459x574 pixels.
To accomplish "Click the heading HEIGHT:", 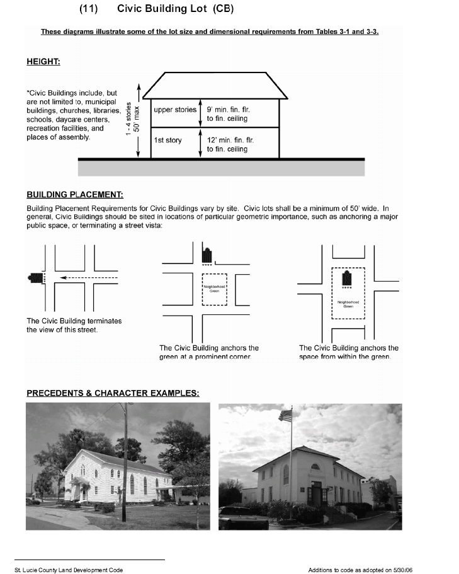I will coord(43,62).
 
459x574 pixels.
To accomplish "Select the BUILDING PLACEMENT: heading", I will coord(74,195).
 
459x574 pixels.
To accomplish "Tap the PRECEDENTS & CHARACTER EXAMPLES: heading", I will coord(113,393).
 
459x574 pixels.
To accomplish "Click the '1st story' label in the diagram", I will coord(167,141).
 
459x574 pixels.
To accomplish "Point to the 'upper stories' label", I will coord(175,110).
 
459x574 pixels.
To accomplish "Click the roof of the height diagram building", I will coord(215,86).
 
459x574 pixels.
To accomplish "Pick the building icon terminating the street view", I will coord(35,277).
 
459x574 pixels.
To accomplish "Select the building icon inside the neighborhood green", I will coord(346,278).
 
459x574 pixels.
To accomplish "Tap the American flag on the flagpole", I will coord(286,415).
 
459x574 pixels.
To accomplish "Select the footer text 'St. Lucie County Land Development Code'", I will coord(69,570).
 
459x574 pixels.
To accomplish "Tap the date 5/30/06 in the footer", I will coord(401,570).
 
